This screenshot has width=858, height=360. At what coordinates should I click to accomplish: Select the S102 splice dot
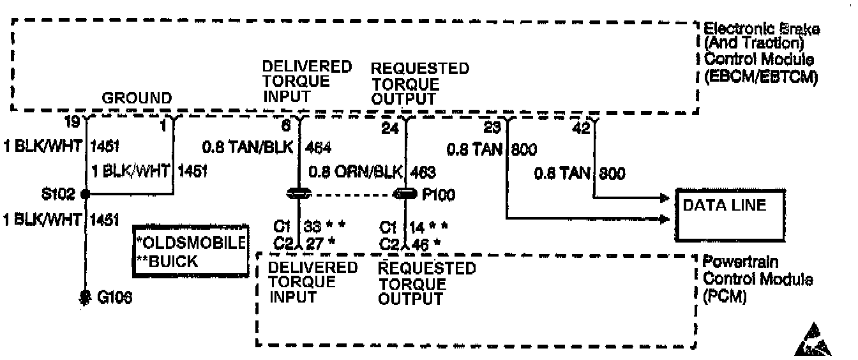pyautogui.click(x=84, y=194)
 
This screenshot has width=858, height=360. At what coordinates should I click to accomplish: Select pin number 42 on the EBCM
pyautogui.click(x=581, y=128)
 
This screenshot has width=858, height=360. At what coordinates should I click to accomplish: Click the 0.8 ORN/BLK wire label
pyautogui.click(x=355, y=172)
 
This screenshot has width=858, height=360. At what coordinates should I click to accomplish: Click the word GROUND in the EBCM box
pyautogui.click(x=137, y=98)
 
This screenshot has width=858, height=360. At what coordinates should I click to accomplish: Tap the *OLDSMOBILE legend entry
pyautogui.click(x=191, y=243)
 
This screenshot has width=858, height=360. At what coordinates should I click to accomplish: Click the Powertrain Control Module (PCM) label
pyautogui.click(x=756, y=280)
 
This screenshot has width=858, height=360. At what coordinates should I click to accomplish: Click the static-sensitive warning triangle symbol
pyautogui.click(x=813, y=341)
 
